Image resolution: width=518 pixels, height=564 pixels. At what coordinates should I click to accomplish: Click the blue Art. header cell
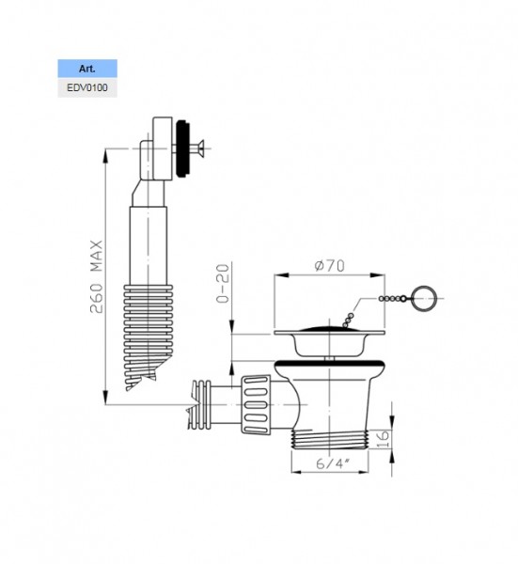tap(87, 69)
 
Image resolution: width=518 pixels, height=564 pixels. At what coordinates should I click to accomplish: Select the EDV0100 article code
tap(87, 87)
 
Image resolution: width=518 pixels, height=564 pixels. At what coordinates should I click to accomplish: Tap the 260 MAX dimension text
tap(97, 276)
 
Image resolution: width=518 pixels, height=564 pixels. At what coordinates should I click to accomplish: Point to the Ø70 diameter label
tap(329, 266)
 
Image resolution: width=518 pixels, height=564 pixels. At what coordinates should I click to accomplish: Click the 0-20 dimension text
tap(223, 284)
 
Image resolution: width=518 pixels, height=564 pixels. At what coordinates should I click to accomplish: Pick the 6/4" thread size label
tap(333, 463)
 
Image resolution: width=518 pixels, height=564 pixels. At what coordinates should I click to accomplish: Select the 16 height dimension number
tap(383, 439)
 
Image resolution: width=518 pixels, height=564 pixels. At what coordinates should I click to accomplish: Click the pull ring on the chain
tap(425, 299)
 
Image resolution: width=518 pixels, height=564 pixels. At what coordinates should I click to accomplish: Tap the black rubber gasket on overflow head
tap(183, 148)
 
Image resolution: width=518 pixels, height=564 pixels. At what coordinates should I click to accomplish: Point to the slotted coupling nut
tap(256, 404)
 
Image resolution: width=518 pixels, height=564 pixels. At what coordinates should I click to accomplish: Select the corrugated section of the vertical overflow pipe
tap(148, 337)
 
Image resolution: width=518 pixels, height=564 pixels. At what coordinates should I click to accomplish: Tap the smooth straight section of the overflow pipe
tap(149, 245)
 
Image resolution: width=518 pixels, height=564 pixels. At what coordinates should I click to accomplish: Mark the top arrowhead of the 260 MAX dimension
tap(105, 155)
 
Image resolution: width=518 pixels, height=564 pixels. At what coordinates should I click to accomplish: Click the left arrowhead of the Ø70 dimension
tap(281, 275)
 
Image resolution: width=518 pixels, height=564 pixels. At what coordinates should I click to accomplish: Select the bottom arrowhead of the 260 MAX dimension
tap(105, 398)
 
